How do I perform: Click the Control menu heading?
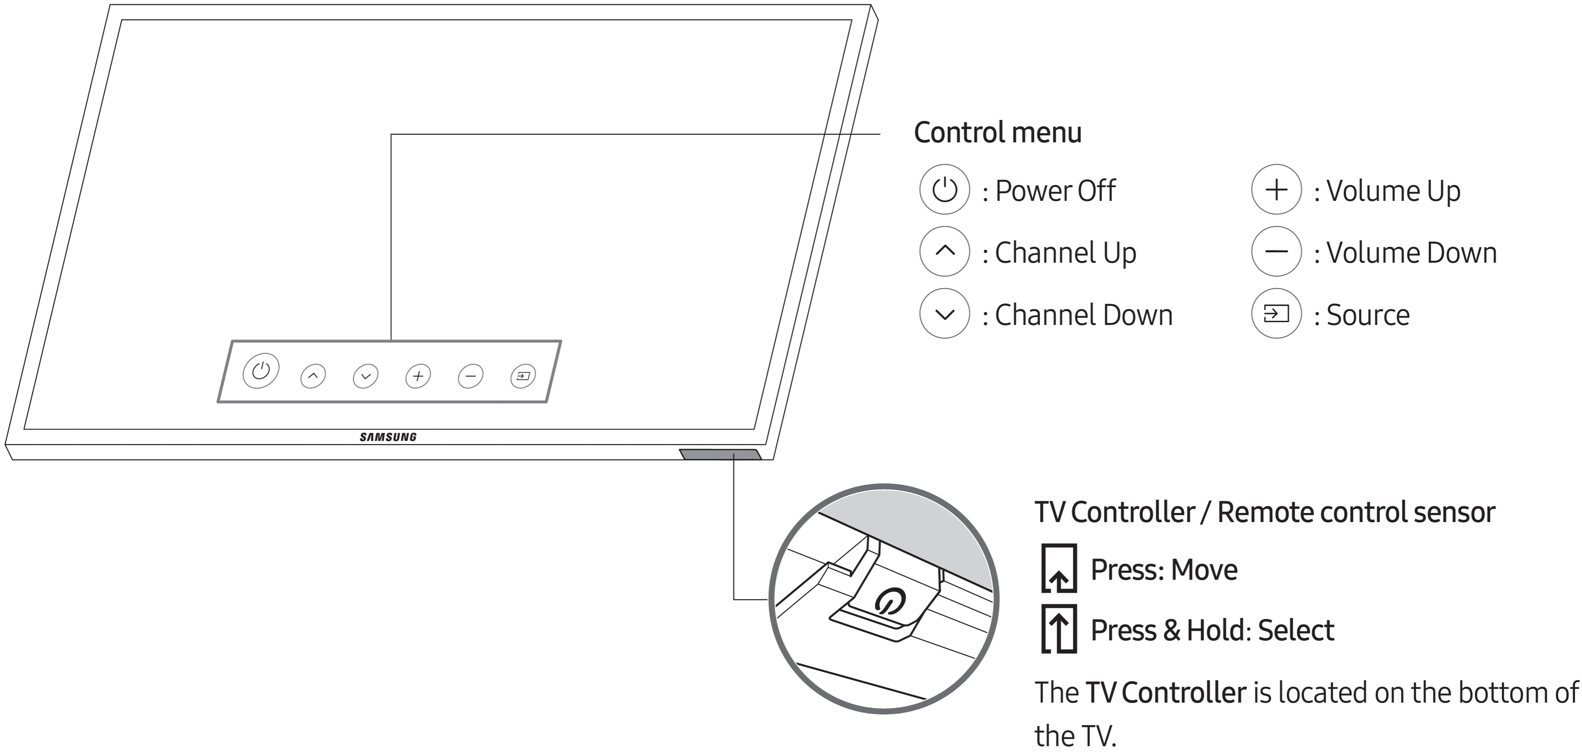(x=997, y=133)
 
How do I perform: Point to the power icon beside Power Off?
(x=945, y=189)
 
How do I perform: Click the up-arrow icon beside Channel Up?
(x=945, y=251)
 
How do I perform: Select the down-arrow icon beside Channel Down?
(x=945, y=314)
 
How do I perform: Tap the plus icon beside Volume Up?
(x=1276, y=189)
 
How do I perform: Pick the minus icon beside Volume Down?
(x=1276, y=251)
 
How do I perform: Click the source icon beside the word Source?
(x=1276, y=314)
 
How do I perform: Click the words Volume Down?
(x=1411, y=253)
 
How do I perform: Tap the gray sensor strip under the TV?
(x=720, y=454)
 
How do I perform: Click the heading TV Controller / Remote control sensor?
(x=1264, y=512)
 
